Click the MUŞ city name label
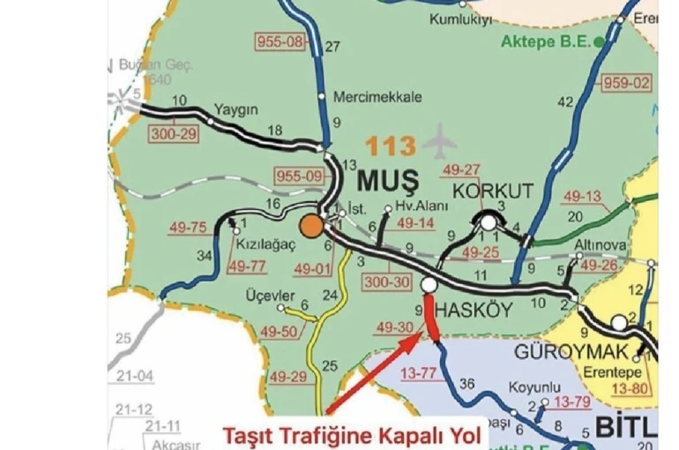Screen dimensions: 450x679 (x=390, y=180)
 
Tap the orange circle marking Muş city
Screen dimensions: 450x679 (x=310, y=226)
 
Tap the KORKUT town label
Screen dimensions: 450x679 (x=493, y=191)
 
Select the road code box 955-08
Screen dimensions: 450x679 (x=279, y=41)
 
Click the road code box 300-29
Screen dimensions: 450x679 (x=173, y=135)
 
